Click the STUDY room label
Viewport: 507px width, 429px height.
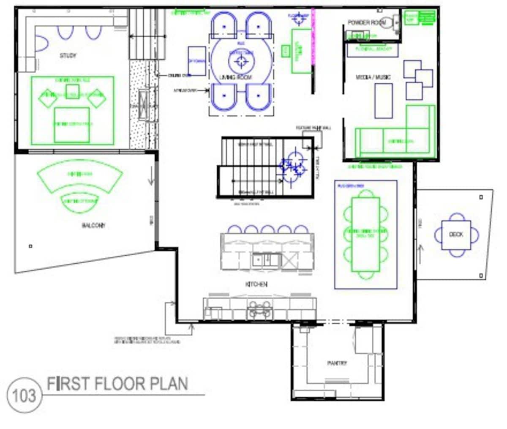(68, 55)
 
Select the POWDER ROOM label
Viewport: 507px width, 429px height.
(367, 22)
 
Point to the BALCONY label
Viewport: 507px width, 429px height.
(93, 226)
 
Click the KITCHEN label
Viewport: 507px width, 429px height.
(256, 284)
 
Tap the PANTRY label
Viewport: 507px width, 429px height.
(337, 363)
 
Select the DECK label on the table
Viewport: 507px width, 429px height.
(456, 234)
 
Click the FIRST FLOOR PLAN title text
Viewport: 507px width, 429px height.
(117, 384)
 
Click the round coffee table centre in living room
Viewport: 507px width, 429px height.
(241, 61)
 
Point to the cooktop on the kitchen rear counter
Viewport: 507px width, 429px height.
(259, 309)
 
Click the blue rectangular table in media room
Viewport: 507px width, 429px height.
(383, 101)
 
